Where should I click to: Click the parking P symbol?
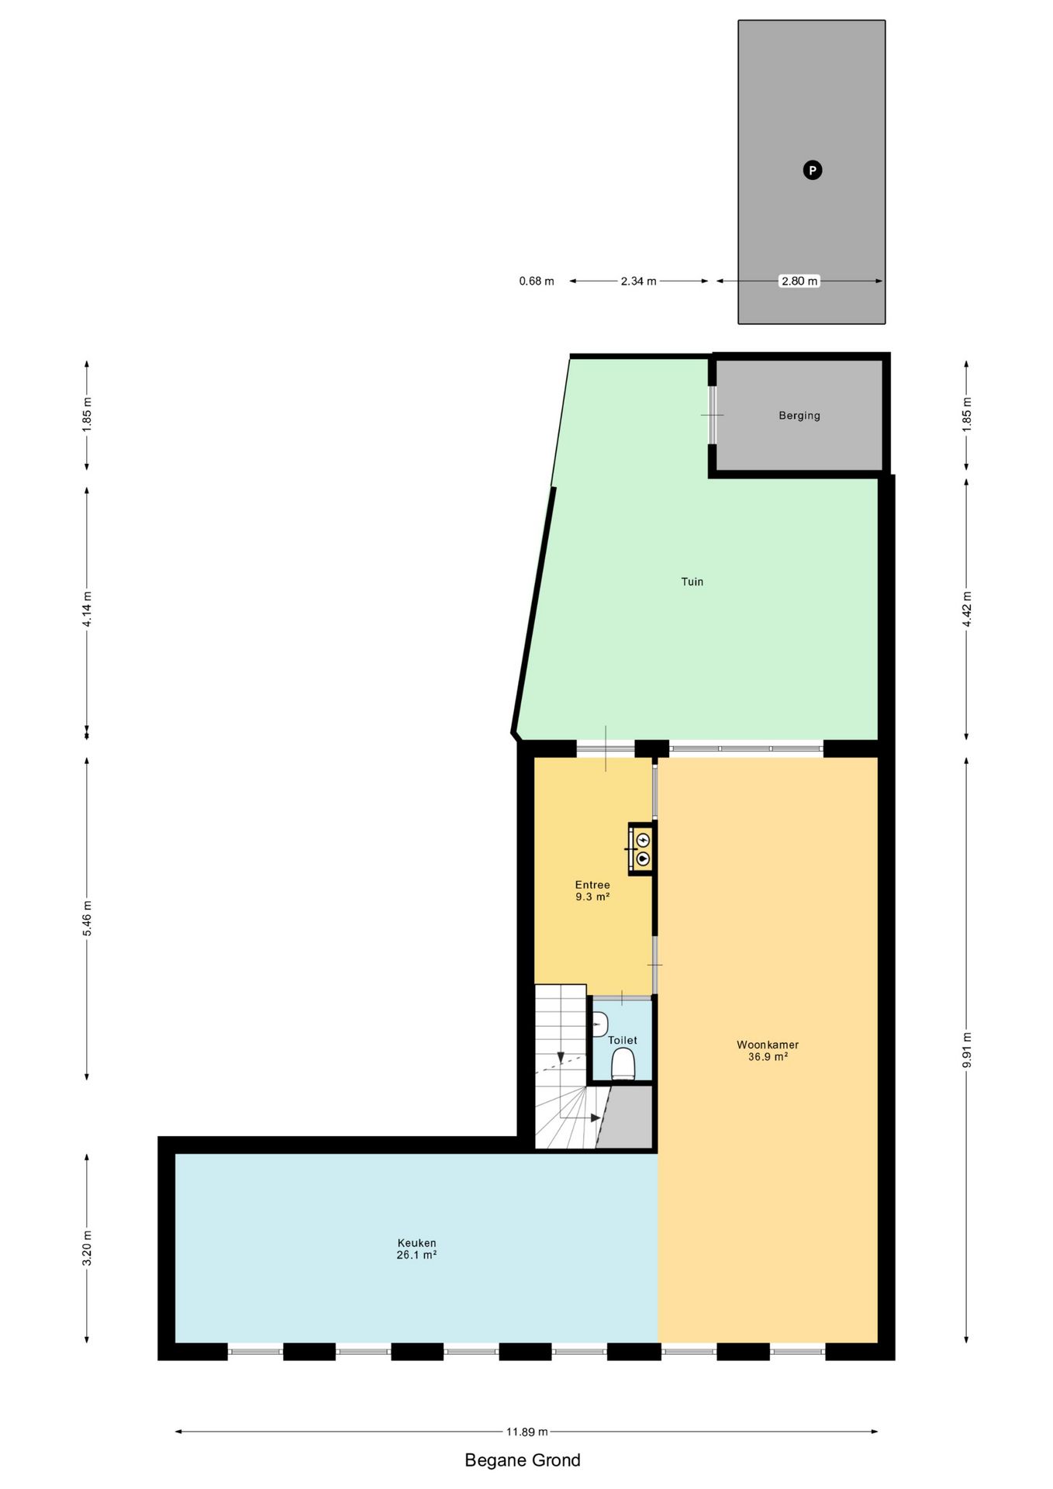tap(812, 171)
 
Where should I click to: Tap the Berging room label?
tap(799, 416)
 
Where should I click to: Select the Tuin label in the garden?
tap(692, 582)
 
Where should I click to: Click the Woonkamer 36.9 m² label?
tap(768, 1050)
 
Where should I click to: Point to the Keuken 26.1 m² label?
tap(416, 1249)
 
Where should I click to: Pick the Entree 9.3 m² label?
tap(592, 890)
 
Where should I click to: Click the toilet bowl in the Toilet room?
tap(623, 1064)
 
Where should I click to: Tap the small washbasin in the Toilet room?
tap(599, 1024)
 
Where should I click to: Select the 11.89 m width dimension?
tap(527, 1432)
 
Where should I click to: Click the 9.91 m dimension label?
tap(966, 1051)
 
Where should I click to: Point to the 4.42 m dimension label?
tap(966, 609)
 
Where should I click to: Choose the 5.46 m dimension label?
tap(87, 918)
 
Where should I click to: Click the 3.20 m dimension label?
tap(87, 1248)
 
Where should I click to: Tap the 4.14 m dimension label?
tap(87, 610)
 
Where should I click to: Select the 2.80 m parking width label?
tap(799, 282)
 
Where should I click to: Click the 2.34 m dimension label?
tap(638, 282)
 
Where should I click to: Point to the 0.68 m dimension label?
tap(537, 282)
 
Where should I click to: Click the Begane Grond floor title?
tap(523, 1460)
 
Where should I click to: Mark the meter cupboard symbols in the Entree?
tap(643, 849)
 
